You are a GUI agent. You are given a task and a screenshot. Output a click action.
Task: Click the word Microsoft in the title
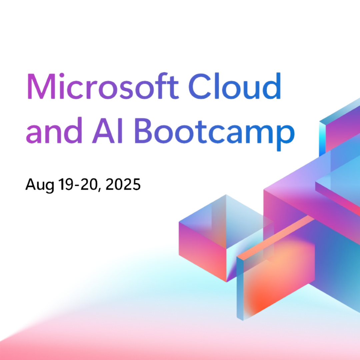pos(103,86)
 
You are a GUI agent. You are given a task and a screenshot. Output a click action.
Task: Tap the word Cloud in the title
pos(235,86)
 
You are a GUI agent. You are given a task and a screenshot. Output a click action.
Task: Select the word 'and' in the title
pos(54,130)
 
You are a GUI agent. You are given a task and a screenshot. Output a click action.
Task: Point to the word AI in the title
pos(107,130)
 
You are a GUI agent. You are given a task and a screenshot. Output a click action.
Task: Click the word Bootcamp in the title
pos(214,134)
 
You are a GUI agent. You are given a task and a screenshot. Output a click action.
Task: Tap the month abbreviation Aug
pos(40,185)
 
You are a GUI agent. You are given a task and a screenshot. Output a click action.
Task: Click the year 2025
pos(123,184)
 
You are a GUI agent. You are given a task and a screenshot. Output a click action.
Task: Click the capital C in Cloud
pos(200,86)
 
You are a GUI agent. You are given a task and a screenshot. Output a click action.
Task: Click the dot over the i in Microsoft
pos(62,75)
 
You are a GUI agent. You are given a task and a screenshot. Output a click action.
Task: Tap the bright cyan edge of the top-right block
pos(322,139)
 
